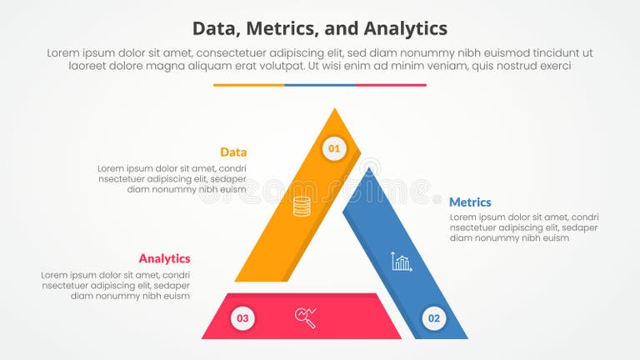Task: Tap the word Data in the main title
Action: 216,28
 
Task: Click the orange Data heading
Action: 233,152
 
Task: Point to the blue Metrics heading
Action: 470,202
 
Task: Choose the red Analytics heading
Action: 164,258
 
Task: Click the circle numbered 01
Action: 334,149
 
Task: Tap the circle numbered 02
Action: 433,318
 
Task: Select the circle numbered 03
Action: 242,317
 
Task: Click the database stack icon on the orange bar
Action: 302,206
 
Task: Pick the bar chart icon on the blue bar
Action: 402,262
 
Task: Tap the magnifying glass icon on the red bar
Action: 305,317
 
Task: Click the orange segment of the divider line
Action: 248,85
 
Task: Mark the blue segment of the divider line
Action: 320,85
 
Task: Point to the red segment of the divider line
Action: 391,85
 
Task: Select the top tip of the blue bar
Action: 369,172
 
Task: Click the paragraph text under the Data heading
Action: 172,178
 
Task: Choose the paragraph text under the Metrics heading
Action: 523,227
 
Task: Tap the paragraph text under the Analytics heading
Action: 116,285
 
